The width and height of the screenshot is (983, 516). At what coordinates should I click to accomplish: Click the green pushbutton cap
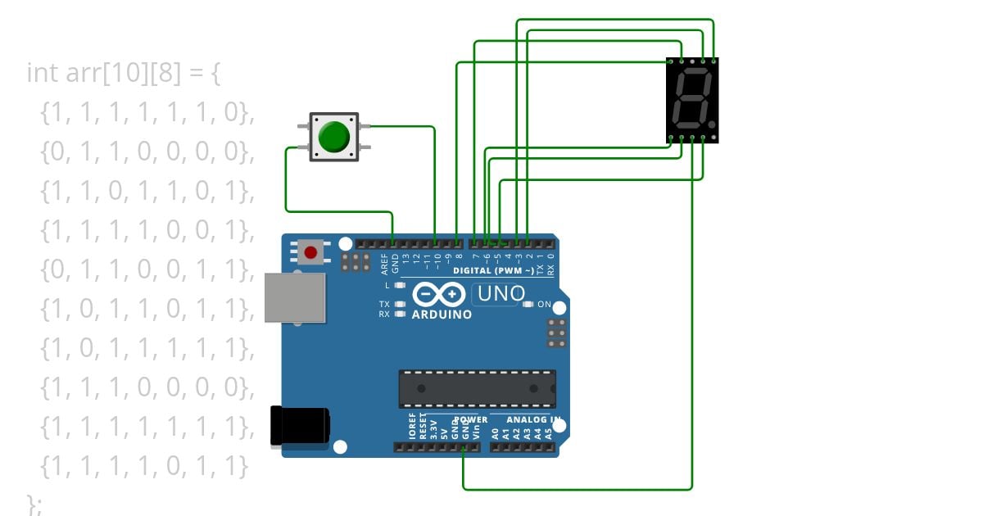point(334,137)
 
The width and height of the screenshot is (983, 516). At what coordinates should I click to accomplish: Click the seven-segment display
point(692,101)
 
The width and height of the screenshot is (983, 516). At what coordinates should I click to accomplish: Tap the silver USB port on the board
point(295,297)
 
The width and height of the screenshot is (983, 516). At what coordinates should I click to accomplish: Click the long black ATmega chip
point(477,388)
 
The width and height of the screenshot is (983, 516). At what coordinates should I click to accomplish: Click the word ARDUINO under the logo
point(442,315)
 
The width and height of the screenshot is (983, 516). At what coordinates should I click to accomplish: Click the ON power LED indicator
point(528,305)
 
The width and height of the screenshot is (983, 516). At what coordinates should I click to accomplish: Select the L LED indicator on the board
point(400,286)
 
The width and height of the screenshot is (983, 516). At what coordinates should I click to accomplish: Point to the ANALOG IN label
point(533,420)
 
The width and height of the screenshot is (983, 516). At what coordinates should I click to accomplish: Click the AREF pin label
point(384,263)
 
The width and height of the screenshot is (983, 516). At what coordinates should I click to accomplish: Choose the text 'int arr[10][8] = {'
point(124,73)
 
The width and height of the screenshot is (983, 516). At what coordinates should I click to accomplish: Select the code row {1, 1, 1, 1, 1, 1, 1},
point(143,427)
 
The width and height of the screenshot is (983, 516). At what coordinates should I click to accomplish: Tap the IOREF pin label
point(413,428)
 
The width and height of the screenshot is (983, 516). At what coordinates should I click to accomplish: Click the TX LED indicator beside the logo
point(400,305)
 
